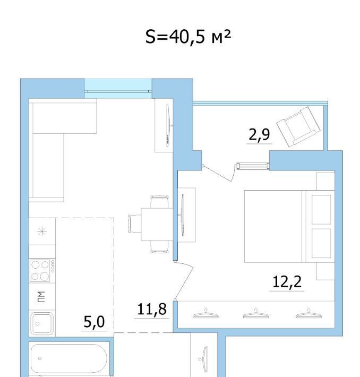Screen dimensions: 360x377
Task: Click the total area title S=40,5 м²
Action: pos(188,37)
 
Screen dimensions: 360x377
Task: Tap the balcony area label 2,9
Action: pos(259,134)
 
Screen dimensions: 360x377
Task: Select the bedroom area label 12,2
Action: pos(287,281)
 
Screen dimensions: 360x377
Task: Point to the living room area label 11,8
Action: pos(152,309)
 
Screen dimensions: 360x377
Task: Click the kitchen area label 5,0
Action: pos(94,322)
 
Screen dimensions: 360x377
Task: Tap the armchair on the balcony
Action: pos(298,127)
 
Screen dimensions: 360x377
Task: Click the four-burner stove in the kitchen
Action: pos(42,270)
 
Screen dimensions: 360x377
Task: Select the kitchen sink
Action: pos(42,323)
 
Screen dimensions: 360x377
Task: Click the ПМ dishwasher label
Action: pos(41,297)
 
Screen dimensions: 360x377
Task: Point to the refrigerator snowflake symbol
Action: pos(42,232)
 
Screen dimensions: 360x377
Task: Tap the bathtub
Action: pos(69,360)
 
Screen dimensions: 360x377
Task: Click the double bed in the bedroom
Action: pos(289,226)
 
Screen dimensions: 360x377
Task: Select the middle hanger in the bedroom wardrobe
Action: pos(256,314)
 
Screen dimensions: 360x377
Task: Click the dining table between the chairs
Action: pos(157,224)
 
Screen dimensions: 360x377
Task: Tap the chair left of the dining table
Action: pos(135,224)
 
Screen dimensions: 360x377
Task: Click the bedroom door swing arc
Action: pos(184,280)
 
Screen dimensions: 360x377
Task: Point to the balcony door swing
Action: pos(218,173)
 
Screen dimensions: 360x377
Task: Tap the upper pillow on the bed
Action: pos(321,209)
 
